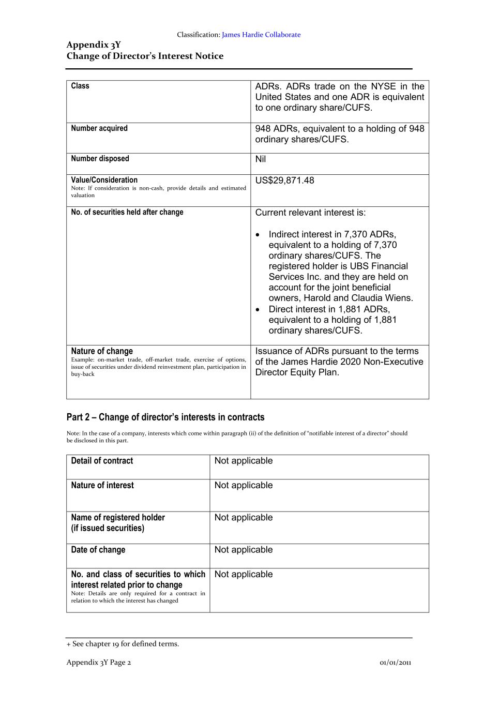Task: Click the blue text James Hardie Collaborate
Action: tap(261, 35)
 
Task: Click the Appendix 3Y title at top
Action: tap(94, 45)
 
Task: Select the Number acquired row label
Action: tap(99, 128)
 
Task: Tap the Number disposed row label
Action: tap(100, 159)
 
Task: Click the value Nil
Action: tap(261, 159)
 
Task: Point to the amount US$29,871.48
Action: tap(284, 181)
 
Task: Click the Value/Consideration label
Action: tap(104, 180)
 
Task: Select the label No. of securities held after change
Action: tap(127, 212)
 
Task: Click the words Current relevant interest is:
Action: tap(310, 213)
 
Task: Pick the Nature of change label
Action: tap(102, 351)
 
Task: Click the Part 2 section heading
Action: tap(165, 417)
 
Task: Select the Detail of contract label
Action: tap(102, 461)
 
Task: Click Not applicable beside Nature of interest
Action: tap(244, 485)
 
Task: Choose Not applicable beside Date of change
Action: tap(244, 550)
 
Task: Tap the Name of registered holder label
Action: tap(118, 518)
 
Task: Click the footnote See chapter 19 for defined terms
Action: tap(123, 644)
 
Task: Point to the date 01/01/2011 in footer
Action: tap(396, 663)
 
